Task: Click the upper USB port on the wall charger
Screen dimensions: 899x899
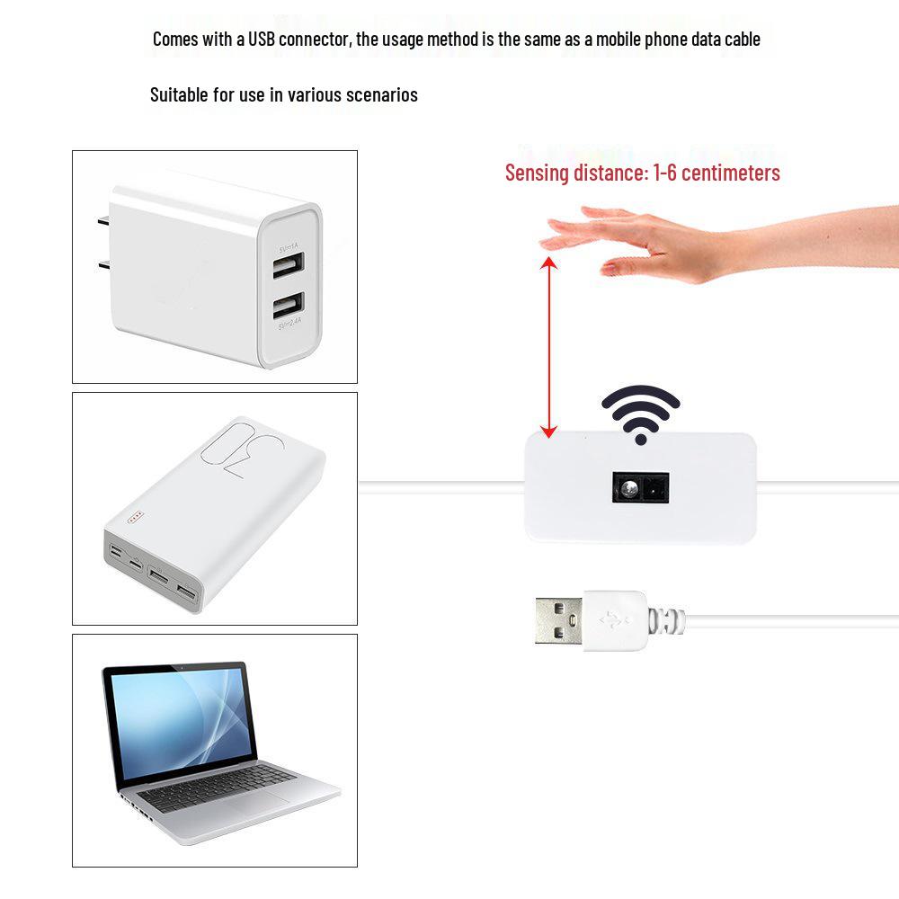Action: [289, 264]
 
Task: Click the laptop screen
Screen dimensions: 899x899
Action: [180, 725]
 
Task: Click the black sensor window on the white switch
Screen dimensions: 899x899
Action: [640, 489]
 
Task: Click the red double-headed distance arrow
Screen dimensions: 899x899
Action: [548, 346]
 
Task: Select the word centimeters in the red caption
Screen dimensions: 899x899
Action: [728, 173]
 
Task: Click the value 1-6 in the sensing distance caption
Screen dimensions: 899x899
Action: [662, 173]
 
